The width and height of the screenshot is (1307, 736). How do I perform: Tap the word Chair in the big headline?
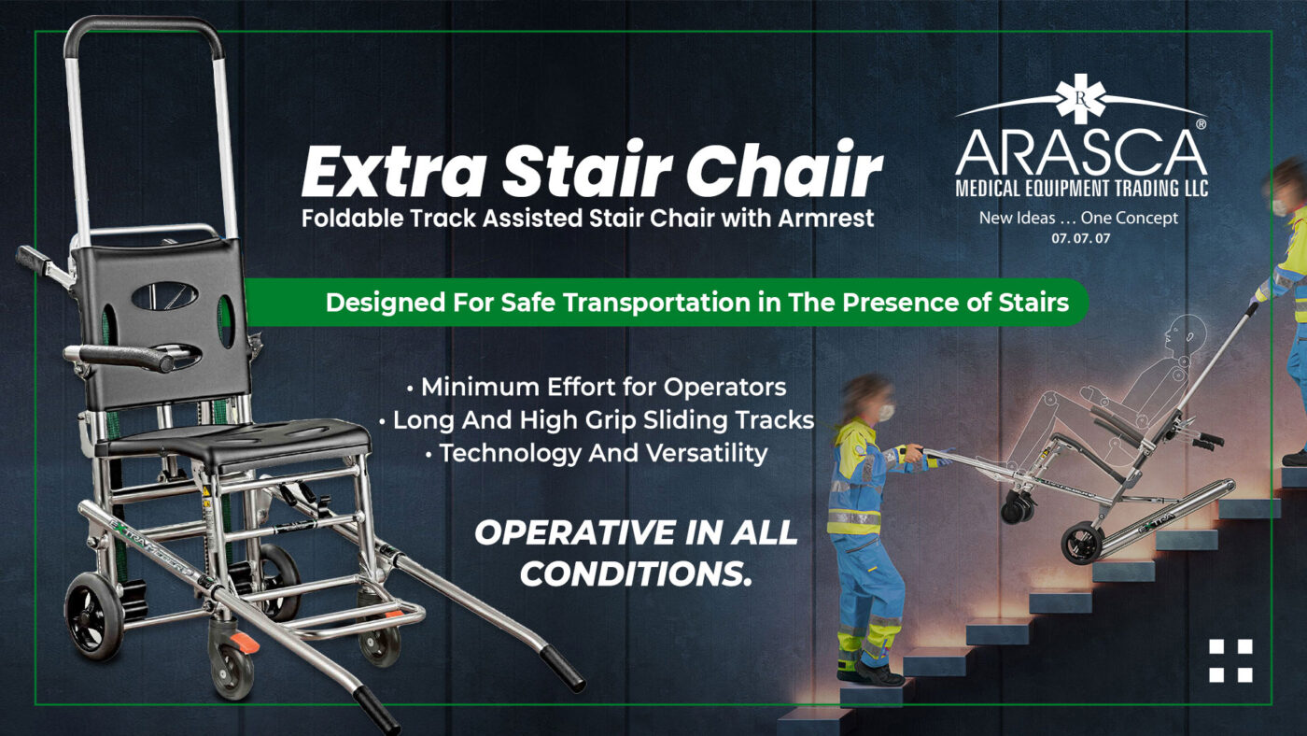tap(783, 169)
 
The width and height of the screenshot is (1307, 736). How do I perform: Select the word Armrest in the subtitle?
tap(826, 219)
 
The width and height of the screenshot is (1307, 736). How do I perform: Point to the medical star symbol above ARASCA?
tap(1081, 99)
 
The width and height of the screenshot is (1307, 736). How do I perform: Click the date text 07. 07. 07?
tap(1081, 238)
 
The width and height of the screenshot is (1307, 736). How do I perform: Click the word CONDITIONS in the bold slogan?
tap(634, 574)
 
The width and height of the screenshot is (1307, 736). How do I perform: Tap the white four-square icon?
tap(1230, 660)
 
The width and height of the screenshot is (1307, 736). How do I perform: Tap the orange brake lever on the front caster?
tap(244, 643)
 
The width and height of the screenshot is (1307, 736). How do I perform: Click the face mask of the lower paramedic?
tap(886, 412)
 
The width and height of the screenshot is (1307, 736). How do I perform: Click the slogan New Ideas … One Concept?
tap(1078, 219)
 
